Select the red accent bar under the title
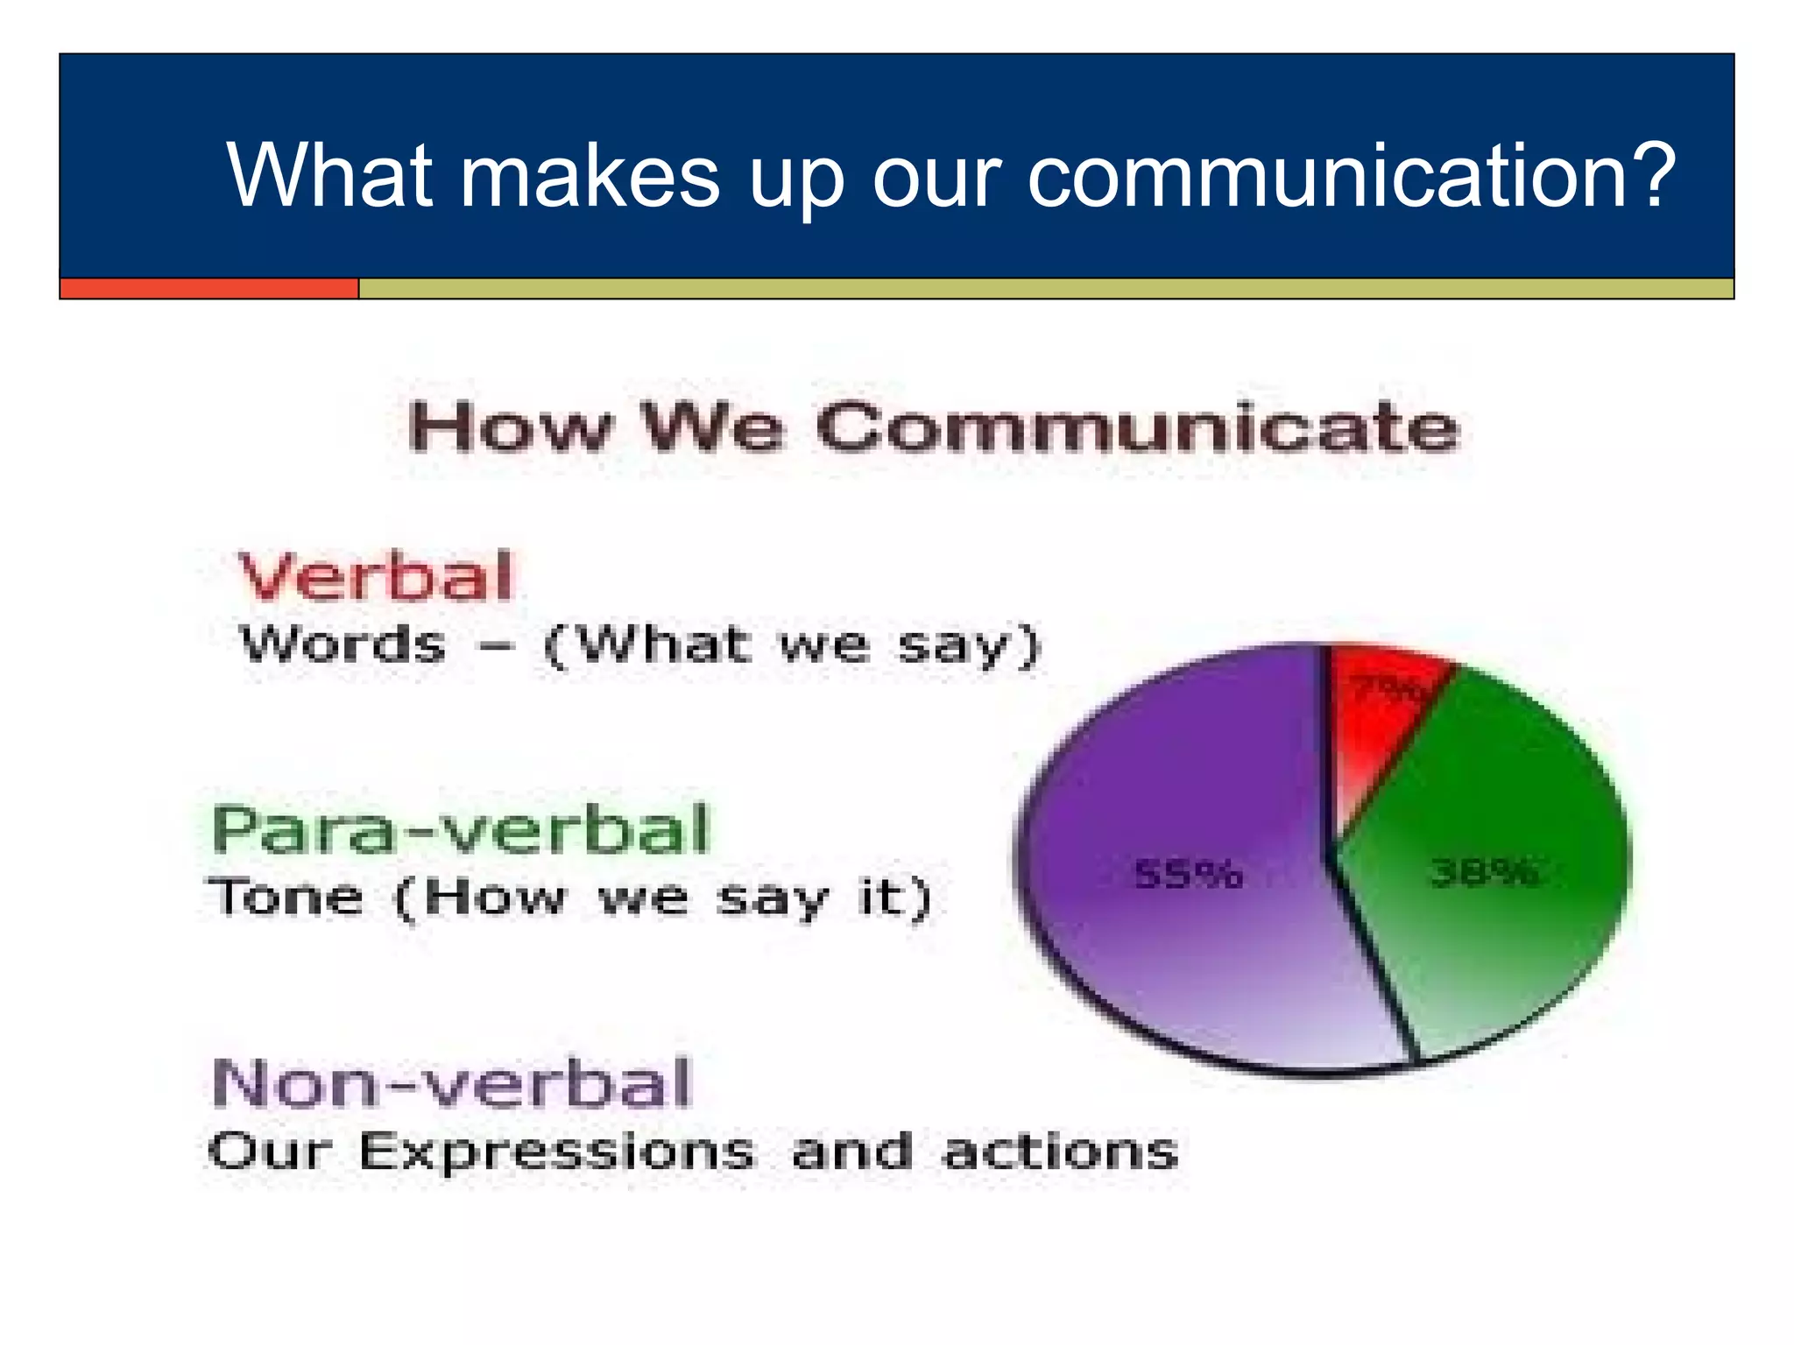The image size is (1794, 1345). click(208, 288)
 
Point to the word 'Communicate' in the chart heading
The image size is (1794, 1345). click(1138, 428)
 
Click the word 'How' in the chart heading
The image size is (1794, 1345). click(509, 428)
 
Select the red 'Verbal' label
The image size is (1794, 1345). click(376, 577)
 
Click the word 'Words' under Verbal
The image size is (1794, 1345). click(343, 645)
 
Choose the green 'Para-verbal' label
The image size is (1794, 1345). click(461, 829)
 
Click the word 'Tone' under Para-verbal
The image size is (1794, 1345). click(286, 898)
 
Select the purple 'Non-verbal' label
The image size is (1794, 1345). click(452, 1083)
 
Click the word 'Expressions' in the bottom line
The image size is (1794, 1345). click(556, 1151)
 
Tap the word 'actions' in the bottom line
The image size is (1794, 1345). click(1060, 1151)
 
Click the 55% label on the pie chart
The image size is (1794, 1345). click(1188, 874)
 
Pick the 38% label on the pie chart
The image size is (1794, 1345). click(1484, 872)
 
